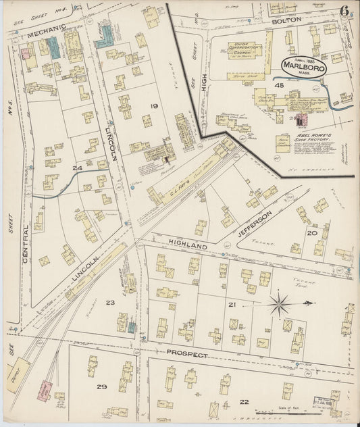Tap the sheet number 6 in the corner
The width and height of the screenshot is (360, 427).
[x=344, y=11]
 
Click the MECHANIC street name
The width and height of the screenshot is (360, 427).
[x=32, y=30]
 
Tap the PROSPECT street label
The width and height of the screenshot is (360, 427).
[x=188, y=353]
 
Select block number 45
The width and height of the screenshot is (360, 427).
[x=278, y=86]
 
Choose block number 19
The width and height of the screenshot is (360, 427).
[x=154, y=106]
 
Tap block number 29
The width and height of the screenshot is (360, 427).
[x=101, y=386]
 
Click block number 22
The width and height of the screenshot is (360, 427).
[x=244, y=402]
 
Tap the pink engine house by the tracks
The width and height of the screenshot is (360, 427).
[x=43, y=391]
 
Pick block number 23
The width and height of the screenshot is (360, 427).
[x=110, y=303]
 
